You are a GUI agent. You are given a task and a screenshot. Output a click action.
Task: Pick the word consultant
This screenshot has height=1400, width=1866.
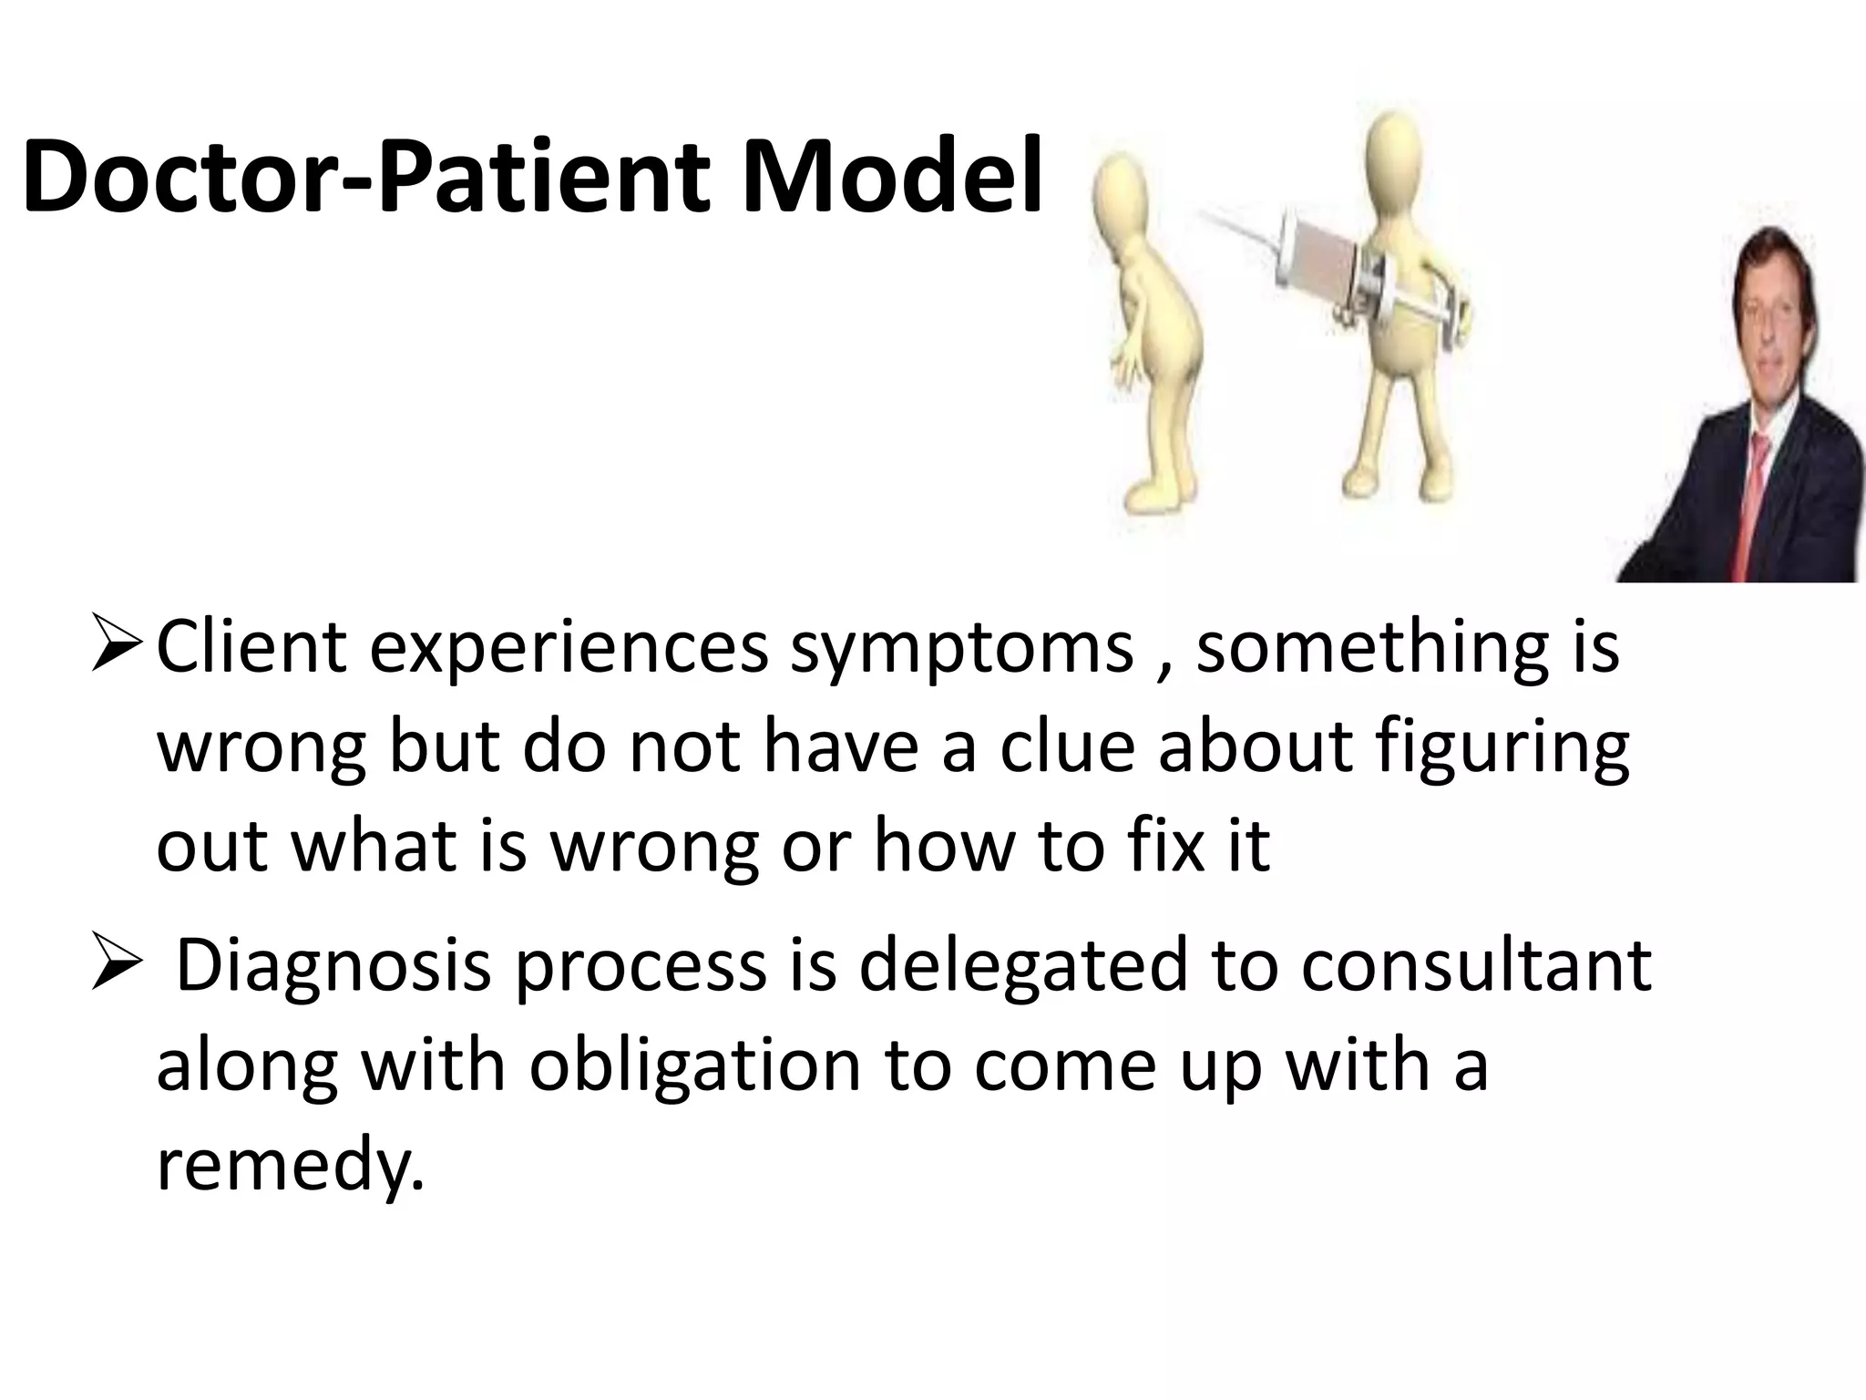[x=1476, y=966]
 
